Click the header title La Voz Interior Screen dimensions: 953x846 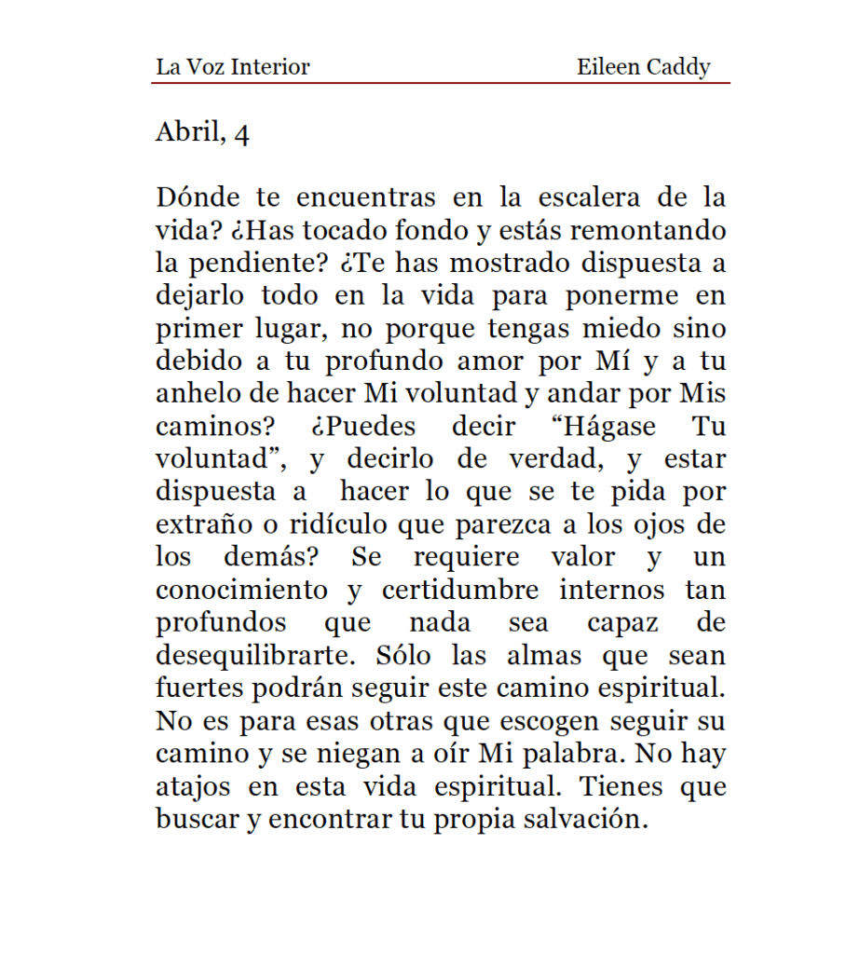pos(232,67)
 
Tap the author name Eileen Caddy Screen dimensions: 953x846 pos(643,67)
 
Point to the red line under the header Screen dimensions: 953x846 pos(440,84)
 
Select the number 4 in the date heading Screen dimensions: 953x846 pos(241,134)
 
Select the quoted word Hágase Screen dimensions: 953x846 pos(607,427)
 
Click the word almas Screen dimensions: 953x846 pos(544,656)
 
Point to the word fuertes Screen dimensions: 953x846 pos(198,688)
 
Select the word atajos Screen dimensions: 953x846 pos(193,787)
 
